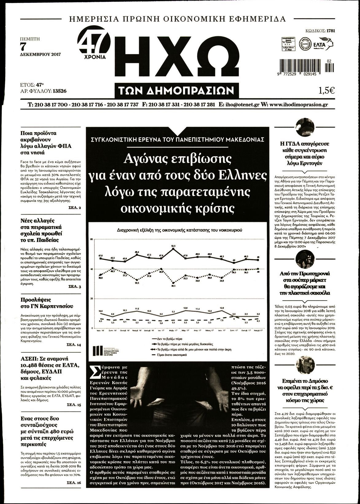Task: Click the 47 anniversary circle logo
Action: [94, 43]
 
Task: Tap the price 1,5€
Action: [326, 90]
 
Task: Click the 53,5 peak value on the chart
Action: [173, 246]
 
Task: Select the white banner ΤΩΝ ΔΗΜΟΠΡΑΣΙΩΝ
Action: [177, 90]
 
